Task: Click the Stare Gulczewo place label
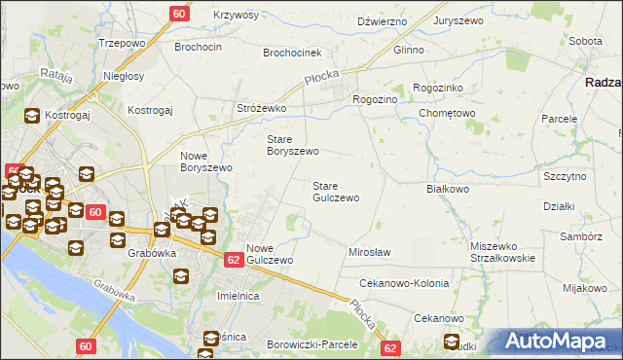pos(336,191)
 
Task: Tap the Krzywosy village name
pos(236,16)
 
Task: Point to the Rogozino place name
pos(375,98)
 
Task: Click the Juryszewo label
pos(460,19)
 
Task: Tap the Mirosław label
pos(369,252)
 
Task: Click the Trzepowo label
pos(122,44)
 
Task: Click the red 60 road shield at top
pos(179,14)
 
